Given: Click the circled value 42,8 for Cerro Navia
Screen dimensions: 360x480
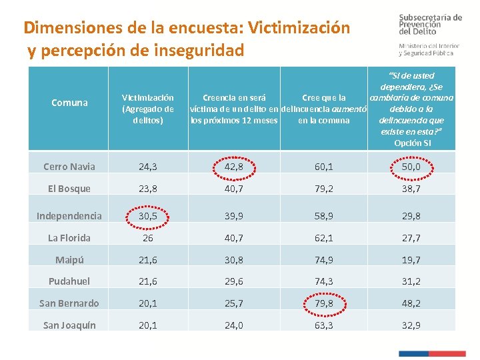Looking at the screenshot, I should click(x=233, y=167).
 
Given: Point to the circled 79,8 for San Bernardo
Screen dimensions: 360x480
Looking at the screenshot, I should click(x=324, y=303).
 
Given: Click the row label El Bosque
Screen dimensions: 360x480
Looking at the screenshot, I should click(x=69, y=189).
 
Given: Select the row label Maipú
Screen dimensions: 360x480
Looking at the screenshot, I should click(x=69, y=259).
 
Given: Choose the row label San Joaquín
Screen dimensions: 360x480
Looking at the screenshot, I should click(x=69, y=325).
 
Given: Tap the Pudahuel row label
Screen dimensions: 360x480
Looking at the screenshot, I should click(x=69, y=281).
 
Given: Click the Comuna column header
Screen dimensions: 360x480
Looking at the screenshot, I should click(x=69, y=103).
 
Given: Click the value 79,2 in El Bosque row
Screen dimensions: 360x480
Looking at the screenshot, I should click(x=324, y=189).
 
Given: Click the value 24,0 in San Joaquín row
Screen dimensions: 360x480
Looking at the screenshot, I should click(x=233, y=325).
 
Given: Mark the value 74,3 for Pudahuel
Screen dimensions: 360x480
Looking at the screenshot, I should click(x=324, y=281).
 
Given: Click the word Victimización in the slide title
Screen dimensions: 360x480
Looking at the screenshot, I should click(x=298, y=28).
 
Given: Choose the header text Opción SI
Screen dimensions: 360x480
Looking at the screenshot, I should click(x=412, y=143).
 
